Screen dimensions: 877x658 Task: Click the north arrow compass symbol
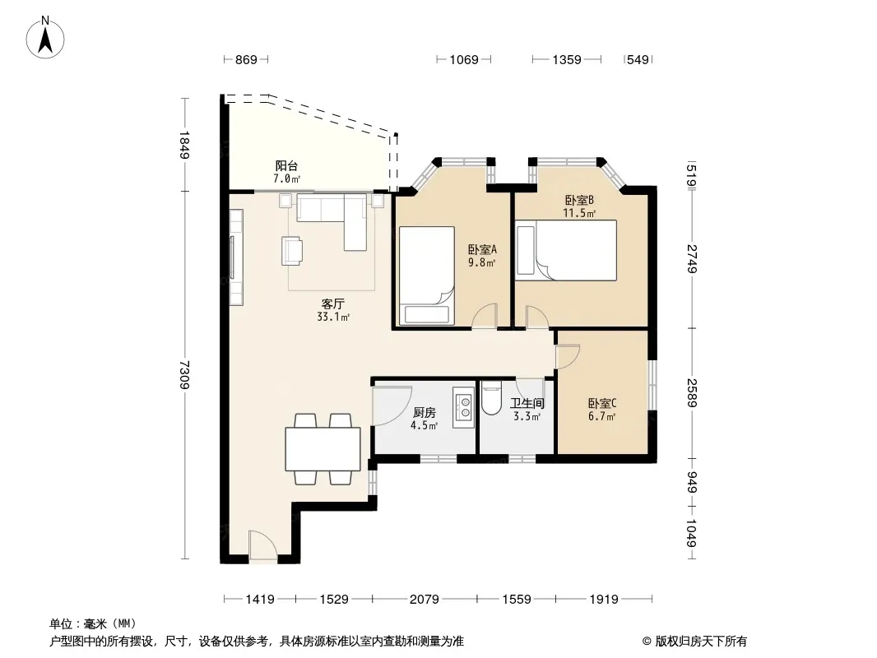[45, 37]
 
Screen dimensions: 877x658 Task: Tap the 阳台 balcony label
[286, 166]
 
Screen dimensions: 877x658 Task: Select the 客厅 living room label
[333, 304]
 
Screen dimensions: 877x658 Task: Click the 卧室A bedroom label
[482, 250]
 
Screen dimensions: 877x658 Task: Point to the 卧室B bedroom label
[579, 200]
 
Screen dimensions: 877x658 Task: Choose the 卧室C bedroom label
[602, 403]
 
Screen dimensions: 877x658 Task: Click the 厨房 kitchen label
[424, 413]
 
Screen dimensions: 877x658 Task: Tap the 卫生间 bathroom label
[527, 403]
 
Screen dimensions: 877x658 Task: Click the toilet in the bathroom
[492, 398]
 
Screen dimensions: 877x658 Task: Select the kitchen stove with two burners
[464, 407]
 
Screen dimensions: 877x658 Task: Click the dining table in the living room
[322, 449]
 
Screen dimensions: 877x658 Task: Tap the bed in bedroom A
[426, 275]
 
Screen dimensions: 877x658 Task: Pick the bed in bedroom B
[567, 250]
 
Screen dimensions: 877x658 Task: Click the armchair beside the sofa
[292, 250]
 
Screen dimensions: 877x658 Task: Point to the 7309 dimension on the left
[185, 375]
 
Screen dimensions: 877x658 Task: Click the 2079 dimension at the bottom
[424, 600]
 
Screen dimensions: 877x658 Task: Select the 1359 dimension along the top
[567, 59]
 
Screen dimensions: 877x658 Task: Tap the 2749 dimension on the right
[692, 258]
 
